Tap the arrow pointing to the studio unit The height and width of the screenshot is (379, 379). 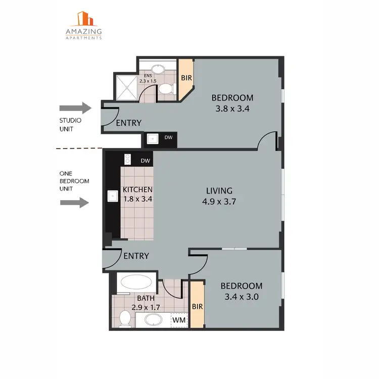75,108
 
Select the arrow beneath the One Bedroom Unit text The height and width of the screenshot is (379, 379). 75,203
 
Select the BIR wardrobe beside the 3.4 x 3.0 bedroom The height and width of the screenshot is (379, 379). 197,306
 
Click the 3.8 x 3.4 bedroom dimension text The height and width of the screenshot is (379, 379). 232,108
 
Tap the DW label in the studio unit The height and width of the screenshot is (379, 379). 168,137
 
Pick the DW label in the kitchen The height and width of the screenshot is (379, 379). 145,161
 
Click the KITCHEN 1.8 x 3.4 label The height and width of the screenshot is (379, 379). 137,194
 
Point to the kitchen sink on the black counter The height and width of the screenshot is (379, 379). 111,195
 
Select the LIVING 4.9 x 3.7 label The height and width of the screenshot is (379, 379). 219,196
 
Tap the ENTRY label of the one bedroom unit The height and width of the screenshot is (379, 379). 136,256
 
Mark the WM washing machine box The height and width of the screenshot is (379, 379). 177,319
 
